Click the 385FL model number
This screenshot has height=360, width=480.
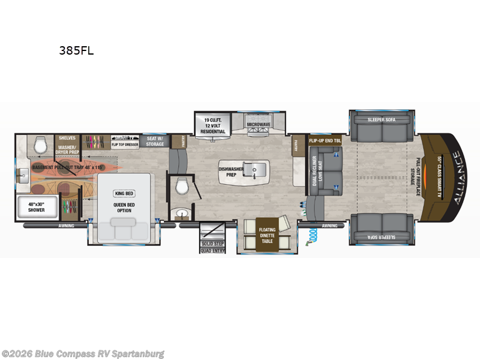(x=76, y=51)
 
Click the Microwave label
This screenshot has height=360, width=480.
(x=258, y=125)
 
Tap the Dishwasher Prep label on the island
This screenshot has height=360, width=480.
(x=232, y=173)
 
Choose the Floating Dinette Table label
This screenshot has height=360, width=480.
(x=267, y=233)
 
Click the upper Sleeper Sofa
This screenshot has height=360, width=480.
(x=382, y=125)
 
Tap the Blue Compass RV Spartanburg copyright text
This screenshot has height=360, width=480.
(x=83, y=354)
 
